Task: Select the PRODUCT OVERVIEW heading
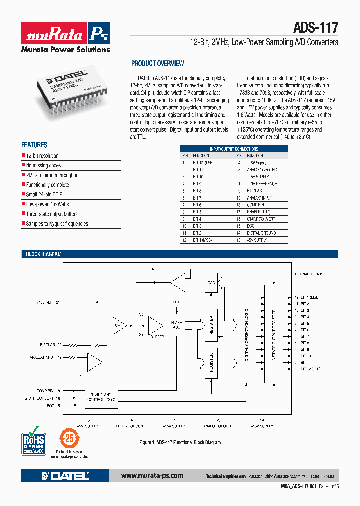[157, 63]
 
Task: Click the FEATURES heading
[34, 145]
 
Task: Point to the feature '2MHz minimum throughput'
[53, 175]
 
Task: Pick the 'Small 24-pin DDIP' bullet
[47, 194]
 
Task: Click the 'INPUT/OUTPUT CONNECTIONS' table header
[234, 149]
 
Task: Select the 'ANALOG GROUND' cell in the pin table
[263, 170]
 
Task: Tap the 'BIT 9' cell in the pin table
[197, 184]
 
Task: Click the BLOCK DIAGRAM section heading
[44, 254]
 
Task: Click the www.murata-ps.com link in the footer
[152, 475]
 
